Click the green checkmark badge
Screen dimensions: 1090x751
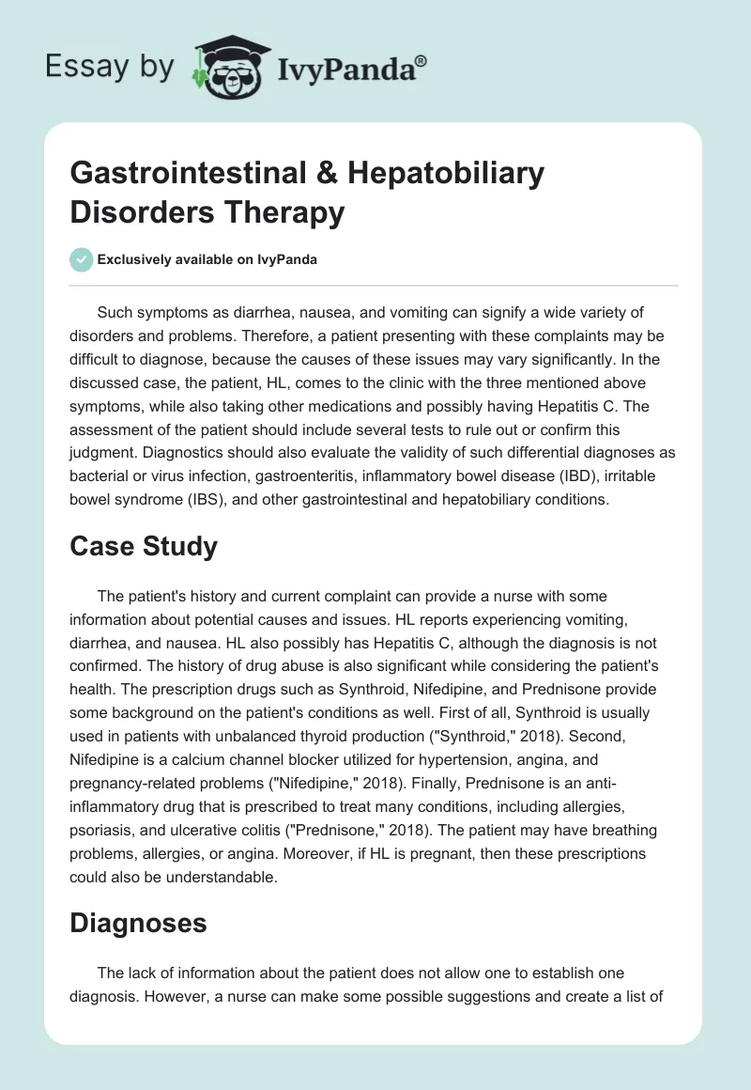tap(81, 259)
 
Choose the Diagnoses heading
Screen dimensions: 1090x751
tap(138, 923)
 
